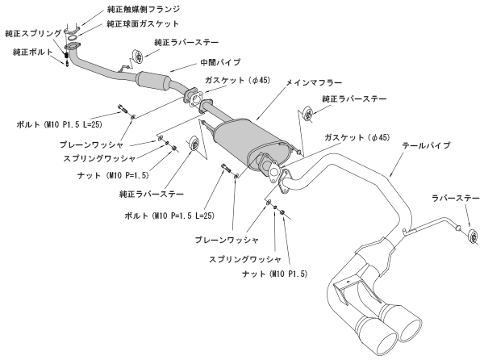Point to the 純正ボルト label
point(29,52)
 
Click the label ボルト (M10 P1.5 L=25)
point(62,125)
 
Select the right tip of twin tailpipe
point(407,327)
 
